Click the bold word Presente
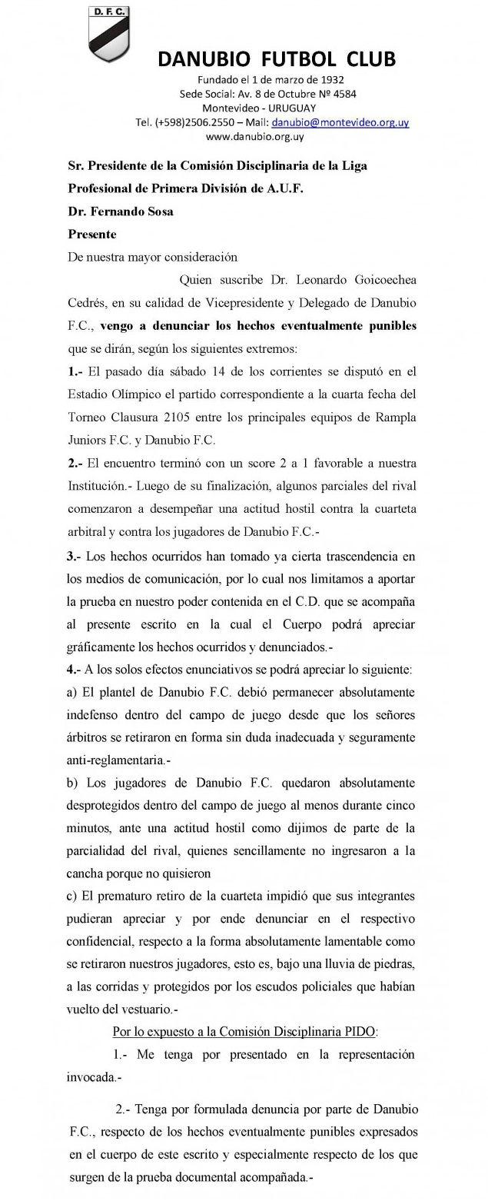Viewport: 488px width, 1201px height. [x=92, y=234]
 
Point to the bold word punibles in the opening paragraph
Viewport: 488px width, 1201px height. [x=390, y=325]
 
